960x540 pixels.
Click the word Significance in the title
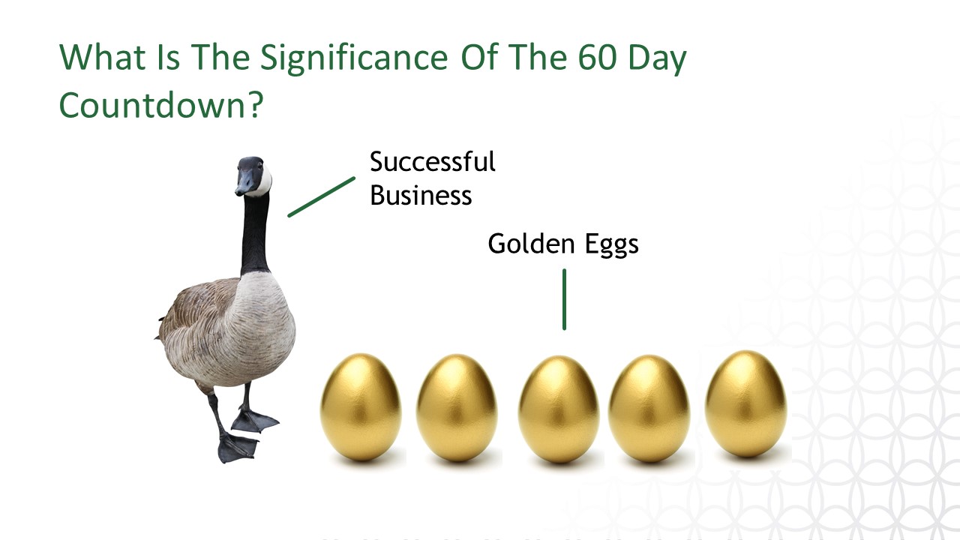coord(354,58)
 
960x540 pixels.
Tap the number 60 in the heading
coord(598,57)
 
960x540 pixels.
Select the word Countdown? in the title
coord(160,104)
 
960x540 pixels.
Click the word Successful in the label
coord(433,161)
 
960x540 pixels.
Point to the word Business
coord(421,195)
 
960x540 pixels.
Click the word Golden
coord(531,244)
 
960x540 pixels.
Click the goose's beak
coord(244,183)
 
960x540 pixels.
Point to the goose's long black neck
coord(256,233)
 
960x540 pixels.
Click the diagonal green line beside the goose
coord(322,196)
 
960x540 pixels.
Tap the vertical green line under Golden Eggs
coord(565,299)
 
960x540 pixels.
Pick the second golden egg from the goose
coord(457,407)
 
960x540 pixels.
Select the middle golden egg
coord(559,409)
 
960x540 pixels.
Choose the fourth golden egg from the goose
coord(649,408)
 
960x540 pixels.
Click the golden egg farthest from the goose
coord(745,403)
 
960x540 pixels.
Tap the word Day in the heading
coord(657,60)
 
